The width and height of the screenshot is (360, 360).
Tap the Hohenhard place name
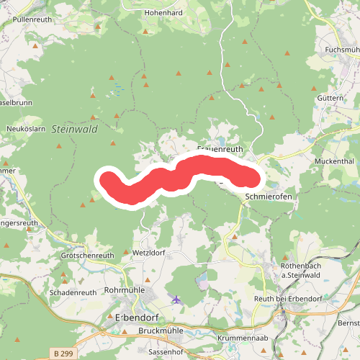pyautogui.click(x=163, y=13)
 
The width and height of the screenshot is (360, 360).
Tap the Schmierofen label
pyautogui.click(x=269, y=196)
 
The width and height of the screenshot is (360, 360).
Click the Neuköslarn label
pyautogui.click(x=26, y=128)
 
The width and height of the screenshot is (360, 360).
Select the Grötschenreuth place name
pyautogui.click(x=89, y=256)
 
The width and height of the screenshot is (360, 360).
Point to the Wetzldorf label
pyautogui.click(x=149, y=253)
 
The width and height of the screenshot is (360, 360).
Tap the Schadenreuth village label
pyautogui.click(x=73, y=293)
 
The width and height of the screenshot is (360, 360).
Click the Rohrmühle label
pyautogui.click(x=125, y=289)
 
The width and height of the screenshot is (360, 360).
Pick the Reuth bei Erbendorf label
pyautogui.click(x=287, y=298)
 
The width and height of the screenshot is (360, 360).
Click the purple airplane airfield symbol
pyautogui.click(x=177, y=299)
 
